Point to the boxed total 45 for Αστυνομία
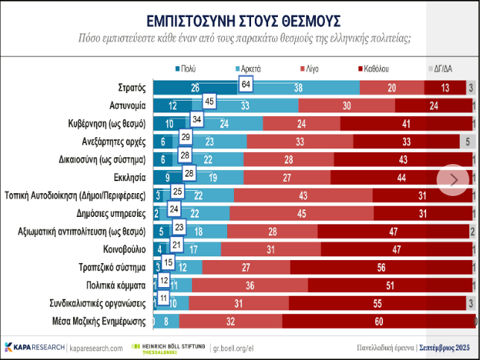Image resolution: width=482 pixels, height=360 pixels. (209, 101)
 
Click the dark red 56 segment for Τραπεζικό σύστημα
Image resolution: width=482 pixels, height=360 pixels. (380, 268)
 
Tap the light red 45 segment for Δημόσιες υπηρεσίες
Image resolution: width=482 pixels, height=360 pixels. (302, 214)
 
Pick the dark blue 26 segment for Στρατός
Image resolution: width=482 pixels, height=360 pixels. (195, 88)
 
